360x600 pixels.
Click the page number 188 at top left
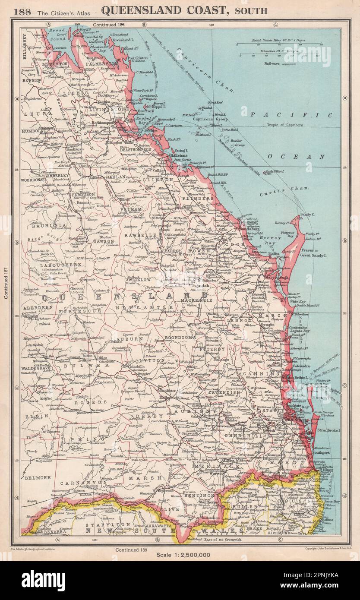tap(22, 11)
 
